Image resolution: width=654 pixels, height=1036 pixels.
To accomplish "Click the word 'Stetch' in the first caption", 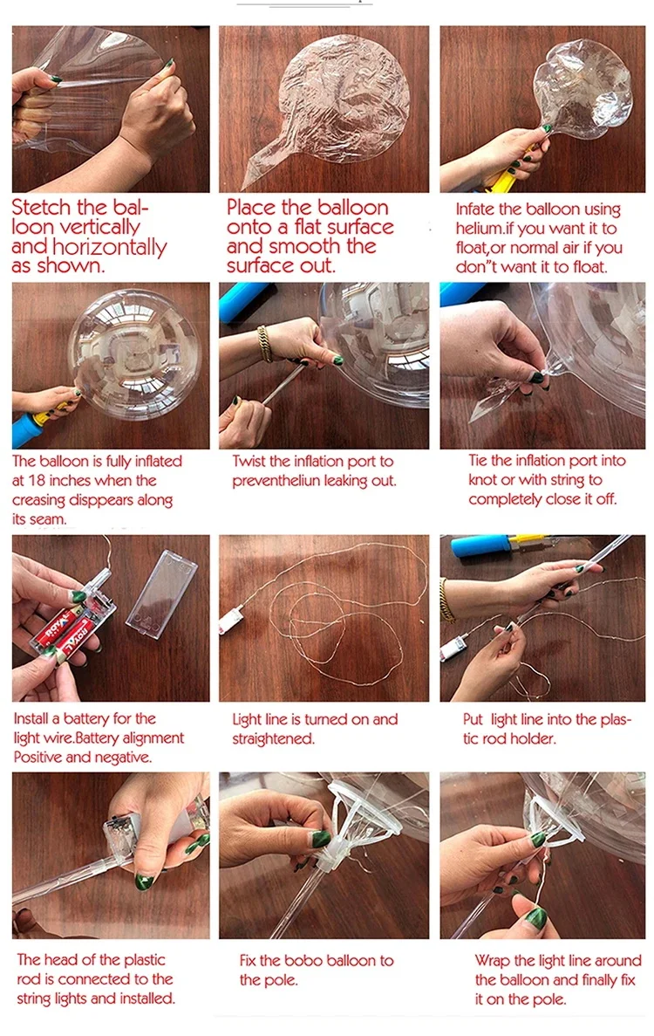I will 46,209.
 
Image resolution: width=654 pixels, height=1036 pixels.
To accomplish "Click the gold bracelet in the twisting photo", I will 264,342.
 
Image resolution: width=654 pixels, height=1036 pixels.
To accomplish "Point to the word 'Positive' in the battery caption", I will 37,757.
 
